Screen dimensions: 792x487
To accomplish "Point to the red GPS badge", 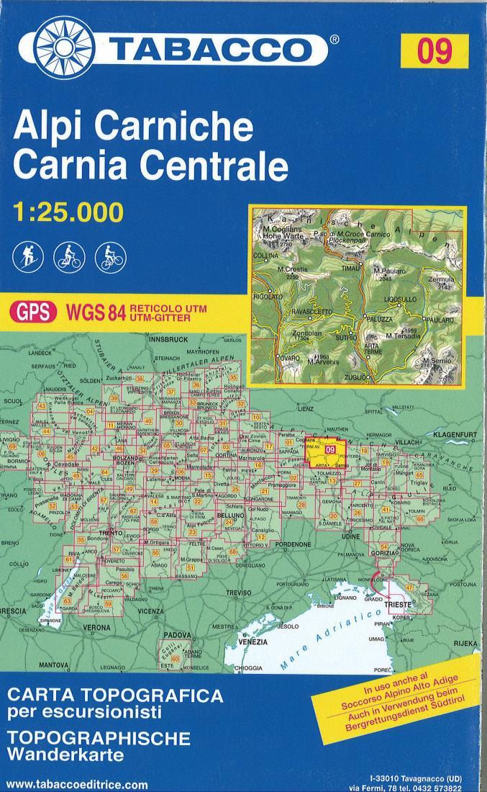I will [x=32, y=312].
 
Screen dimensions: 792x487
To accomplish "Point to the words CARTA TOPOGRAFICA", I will [x=114, y=696].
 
